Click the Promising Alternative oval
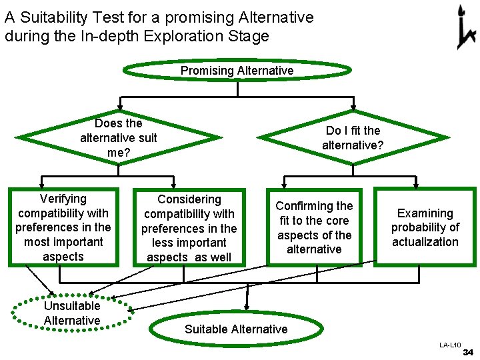click(x=237, y=71)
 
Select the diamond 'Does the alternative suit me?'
click(x=119, y=138)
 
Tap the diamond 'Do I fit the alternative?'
click(x=353, y=138)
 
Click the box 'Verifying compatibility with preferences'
click(x=63, y=227)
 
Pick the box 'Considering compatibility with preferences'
click(x=189, y=228)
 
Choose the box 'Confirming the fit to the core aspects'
click(x=314, y=227)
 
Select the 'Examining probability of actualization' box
click(x=425, y=227)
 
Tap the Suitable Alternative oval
click(x=236, y=329)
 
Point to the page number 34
click(x=467, y=352)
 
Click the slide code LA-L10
click(x=450, y=345)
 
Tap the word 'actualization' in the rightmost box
click(x=425, y=242)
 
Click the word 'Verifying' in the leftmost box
click(x=63, y=199)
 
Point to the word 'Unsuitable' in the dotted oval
click(x=72, y=306)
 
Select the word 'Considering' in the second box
click(x=189, y=199)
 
